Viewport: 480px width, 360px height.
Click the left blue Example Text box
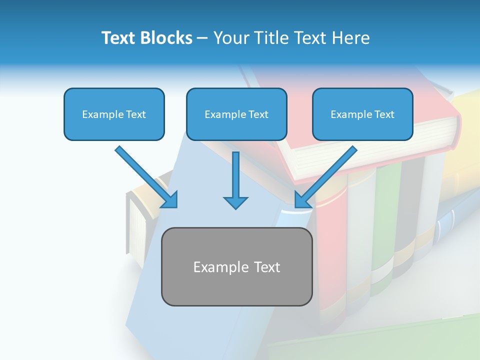click(x=114, y=114)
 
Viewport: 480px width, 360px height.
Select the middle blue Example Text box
click(x=236, y=114)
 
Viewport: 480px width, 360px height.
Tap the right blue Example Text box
click(x=362, y=114)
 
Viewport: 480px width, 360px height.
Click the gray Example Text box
click(x=236, y=267)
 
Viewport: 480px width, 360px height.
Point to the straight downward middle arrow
click(x=235, y=177)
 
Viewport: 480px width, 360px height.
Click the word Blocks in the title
click(x=165, y=38)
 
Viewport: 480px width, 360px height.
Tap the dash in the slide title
click(x=202, y=38)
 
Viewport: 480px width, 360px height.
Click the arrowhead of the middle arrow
click(x=235, y=202)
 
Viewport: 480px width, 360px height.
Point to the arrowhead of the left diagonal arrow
click(x=170, y=200)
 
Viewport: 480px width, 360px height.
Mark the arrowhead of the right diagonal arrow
click(x=302, y=200)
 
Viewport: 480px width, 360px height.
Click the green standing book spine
click(x=384, y=225)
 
